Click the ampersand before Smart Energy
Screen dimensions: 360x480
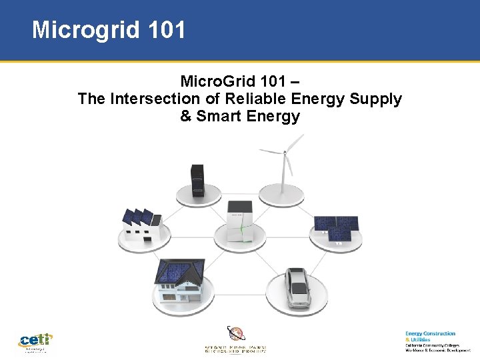coord(185,117)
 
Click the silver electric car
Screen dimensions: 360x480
coord(297,287)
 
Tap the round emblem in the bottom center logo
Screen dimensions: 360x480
coord(236,333)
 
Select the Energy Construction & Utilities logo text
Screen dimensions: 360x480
coord(430,336)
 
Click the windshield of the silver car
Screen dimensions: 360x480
coord(297,279)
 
